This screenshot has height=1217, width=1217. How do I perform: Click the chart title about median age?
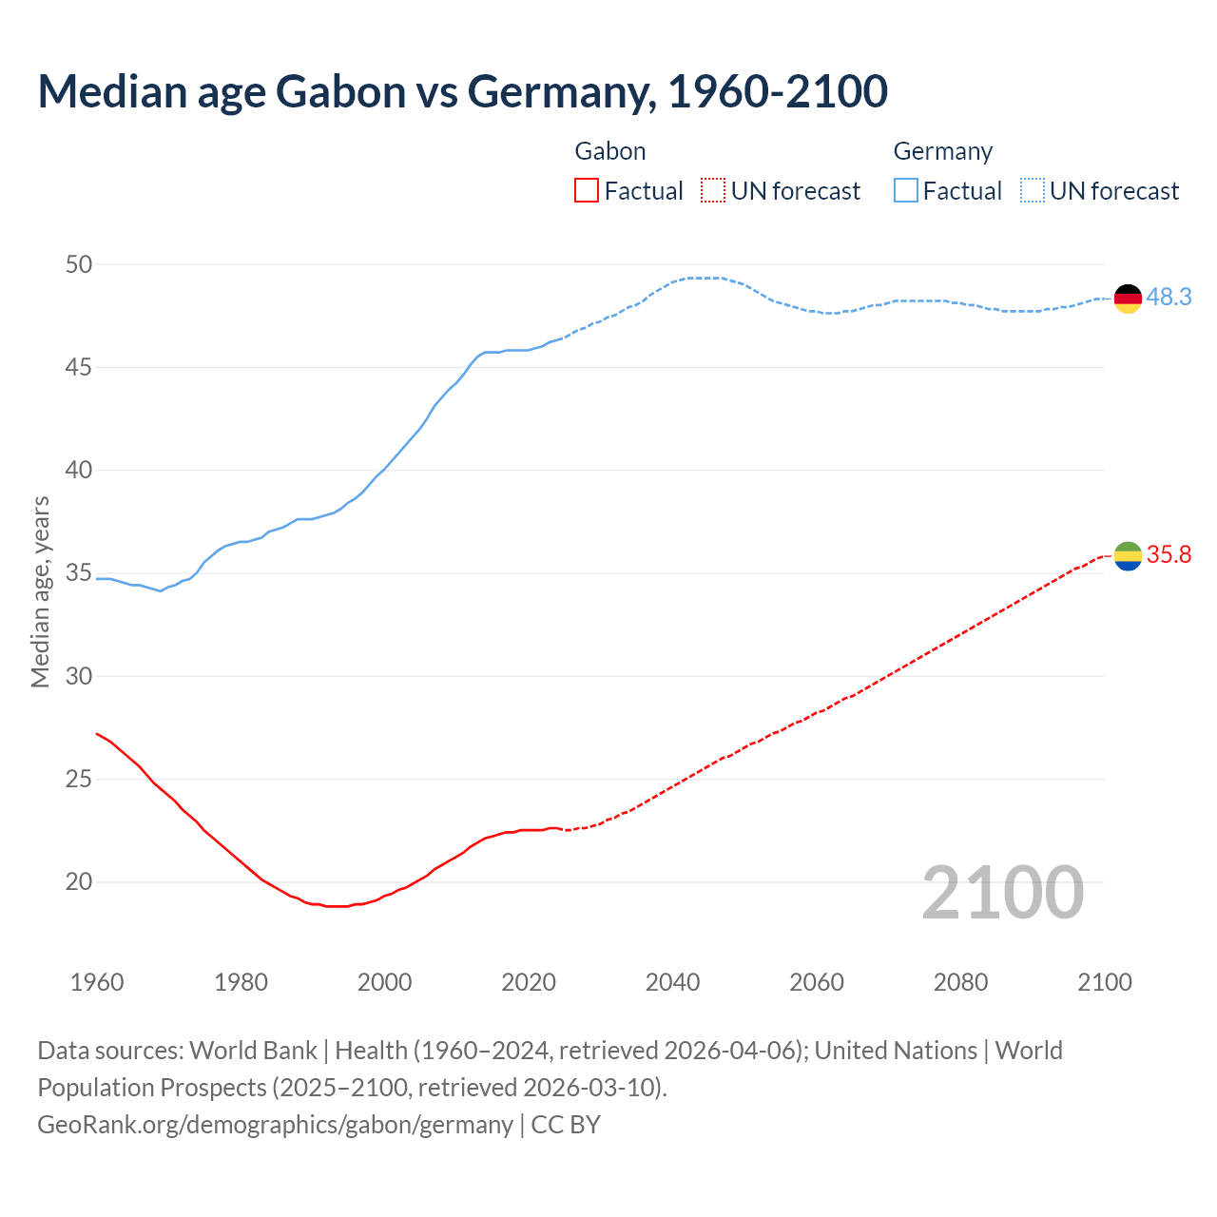coord(463,91)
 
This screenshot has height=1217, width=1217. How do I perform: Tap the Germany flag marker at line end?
coord(1128,298)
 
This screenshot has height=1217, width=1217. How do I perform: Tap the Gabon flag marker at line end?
coord(1128,555)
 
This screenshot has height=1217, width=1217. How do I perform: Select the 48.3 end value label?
coord(1169,298)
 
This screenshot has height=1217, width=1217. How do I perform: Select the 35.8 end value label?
coord(1169,555)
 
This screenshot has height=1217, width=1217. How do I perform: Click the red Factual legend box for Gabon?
coord(587,191)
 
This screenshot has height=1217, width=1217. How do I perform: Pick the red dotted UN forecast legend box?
coord(713,191)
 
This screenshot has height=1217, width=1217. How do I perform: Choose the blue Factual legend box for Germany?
coord(905,191)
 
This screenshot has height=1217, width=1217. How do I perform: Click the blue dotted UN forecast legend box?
coord(1032,191)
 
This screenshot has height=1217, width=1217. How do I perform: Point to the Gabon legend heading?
coord(610,151)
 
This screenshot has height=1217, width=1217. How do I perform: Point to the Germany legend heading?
coord(942,151)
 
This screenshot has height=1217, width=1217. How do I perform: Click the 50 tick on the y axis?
coord(79,264)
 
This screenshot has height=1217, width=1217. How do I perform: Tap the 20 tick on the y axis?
coord(79,882)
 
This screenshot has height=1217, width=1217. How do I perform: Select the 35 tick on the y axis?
coord(79,573)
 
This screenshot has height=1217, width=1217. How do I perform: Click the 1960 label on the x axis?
coord(97,982)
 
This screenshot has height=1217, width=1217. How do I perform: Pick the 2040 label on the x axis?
coord(672,982)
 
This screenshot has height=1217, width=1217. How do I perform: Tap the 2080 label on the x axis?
coord(960,982)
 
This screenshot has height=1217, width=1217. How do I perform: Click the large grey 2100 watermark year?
coord(1003,892)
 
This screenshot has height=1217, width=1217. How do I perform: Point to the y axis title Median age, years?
coord(40,591)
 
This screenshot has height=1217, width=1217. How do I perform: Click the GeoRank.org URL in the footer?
coord(275,1125)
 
